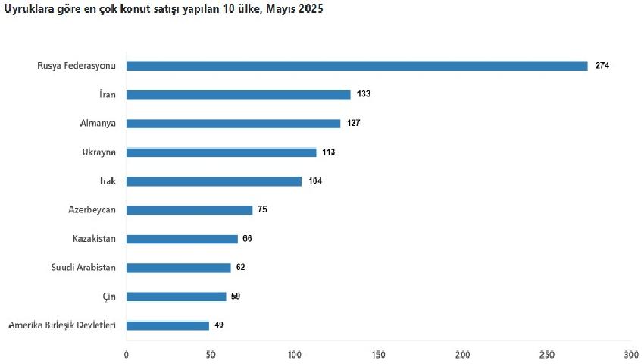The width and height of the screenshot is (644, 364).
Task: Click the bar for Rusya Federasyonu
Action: [357, 66]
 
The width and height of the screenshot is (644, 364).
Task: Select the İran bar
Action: [238, 95]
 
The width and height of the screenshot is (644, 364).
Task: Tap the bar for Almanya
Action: [233, 124]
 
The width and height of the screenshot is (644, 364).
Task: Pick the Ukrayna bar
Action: [222, 152]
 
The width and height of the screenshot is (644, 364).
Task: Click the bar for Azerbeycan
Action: [189, 210]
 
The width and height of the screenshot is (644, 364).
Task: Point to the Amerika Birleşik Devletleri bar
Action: [167, 326]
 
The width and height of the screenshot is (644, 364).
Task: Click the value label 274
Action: [602, 65]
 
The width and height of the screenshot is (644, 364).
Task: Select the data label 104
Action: [315, 180]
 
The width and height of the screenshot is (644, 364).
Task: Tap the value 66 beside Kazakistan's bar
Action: [247, 239]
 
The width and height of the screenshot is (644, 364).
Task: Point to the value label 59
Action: [236, 297]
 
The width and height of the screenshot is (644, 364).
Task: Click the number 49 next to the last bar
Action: [219, 325]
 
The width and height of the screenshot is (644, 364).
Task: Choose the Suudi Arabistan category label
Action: [83, 268]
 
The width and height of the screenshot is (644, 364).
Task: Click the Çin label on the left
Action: [109, 297]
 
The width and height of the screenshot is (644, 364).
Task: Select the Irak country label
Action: [108, 180]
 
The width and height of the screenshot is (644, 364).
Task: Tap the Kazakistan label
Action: [94, 239]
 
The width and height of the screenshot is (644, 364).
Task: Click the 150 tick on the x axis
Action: [378, 355]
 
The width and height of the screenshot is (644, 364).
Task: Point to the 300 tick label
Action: [631, 355]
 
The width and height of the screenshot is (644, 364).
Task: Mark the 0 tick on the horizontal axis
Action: [126, 355]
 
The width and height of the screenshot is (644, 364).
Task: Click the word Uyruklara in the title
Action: [27, 9]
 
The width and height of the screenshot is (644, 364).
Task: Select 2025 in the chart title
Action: [311, 8]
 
